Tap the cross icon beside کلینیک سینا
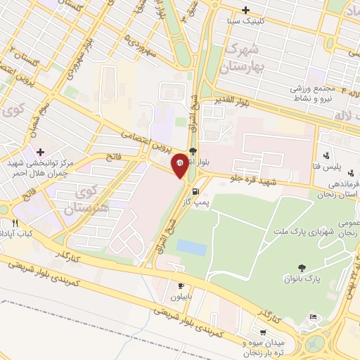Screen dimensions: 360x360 (245, 10)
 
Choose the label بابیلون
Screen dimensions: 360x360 (181, 296)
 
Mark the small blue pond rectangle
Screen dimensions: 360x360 (191, 247)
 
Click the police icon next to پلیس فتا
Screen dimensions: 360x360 (326, 155)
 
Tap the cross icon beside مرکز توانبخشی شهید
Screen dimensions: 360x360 (40, 152)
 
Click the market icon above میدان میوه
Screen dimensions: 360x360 (262, 333)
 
